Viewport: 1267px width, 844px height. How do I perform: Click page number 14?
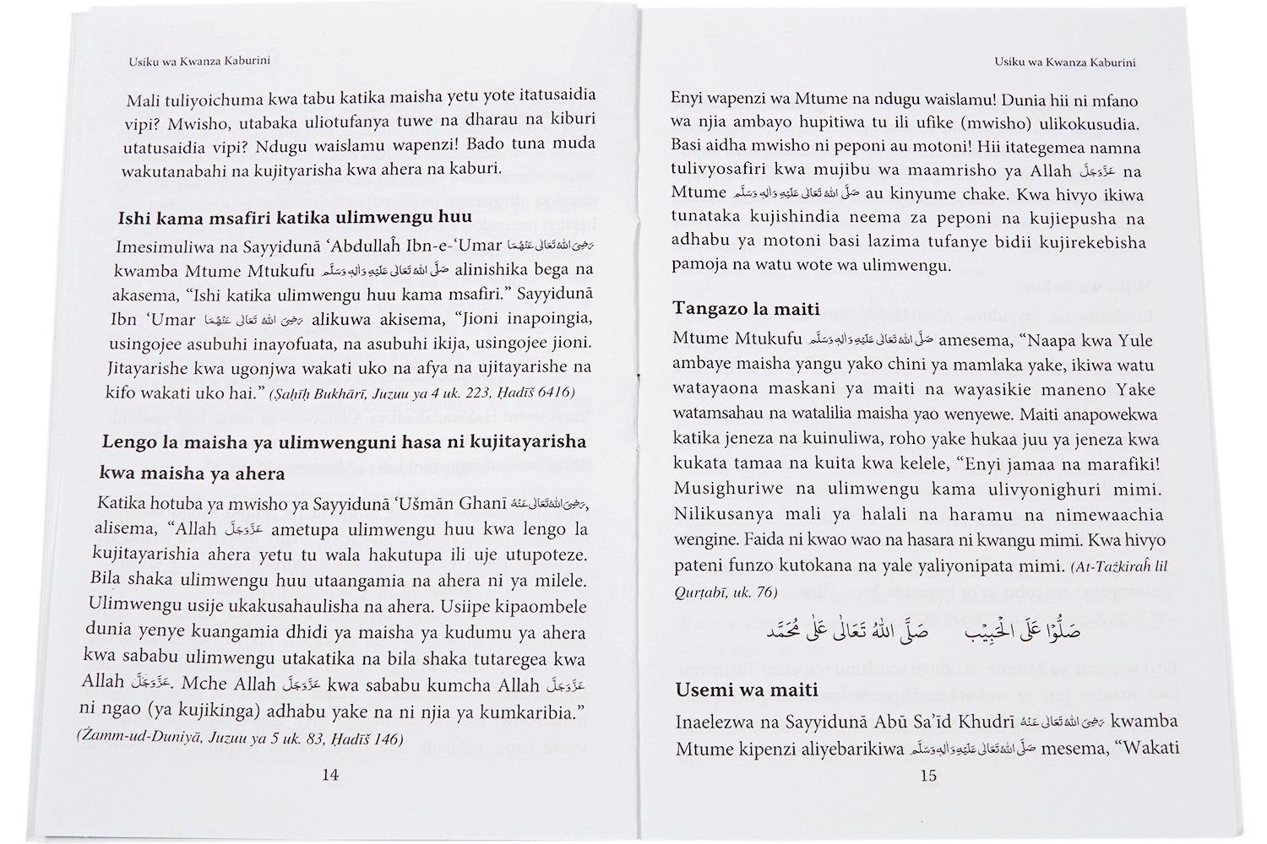(x=330, y=775)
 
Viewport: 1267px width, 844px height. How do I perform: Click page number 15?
(x=928, y=775)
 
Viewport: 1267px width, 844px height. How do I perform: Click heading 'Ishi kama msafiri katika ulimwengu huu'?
(x=295, y=217)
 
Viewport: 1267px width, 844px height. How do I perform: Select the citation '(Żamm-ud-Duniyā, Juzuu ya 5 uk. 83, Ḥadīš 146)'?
(x=239, y=738)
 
